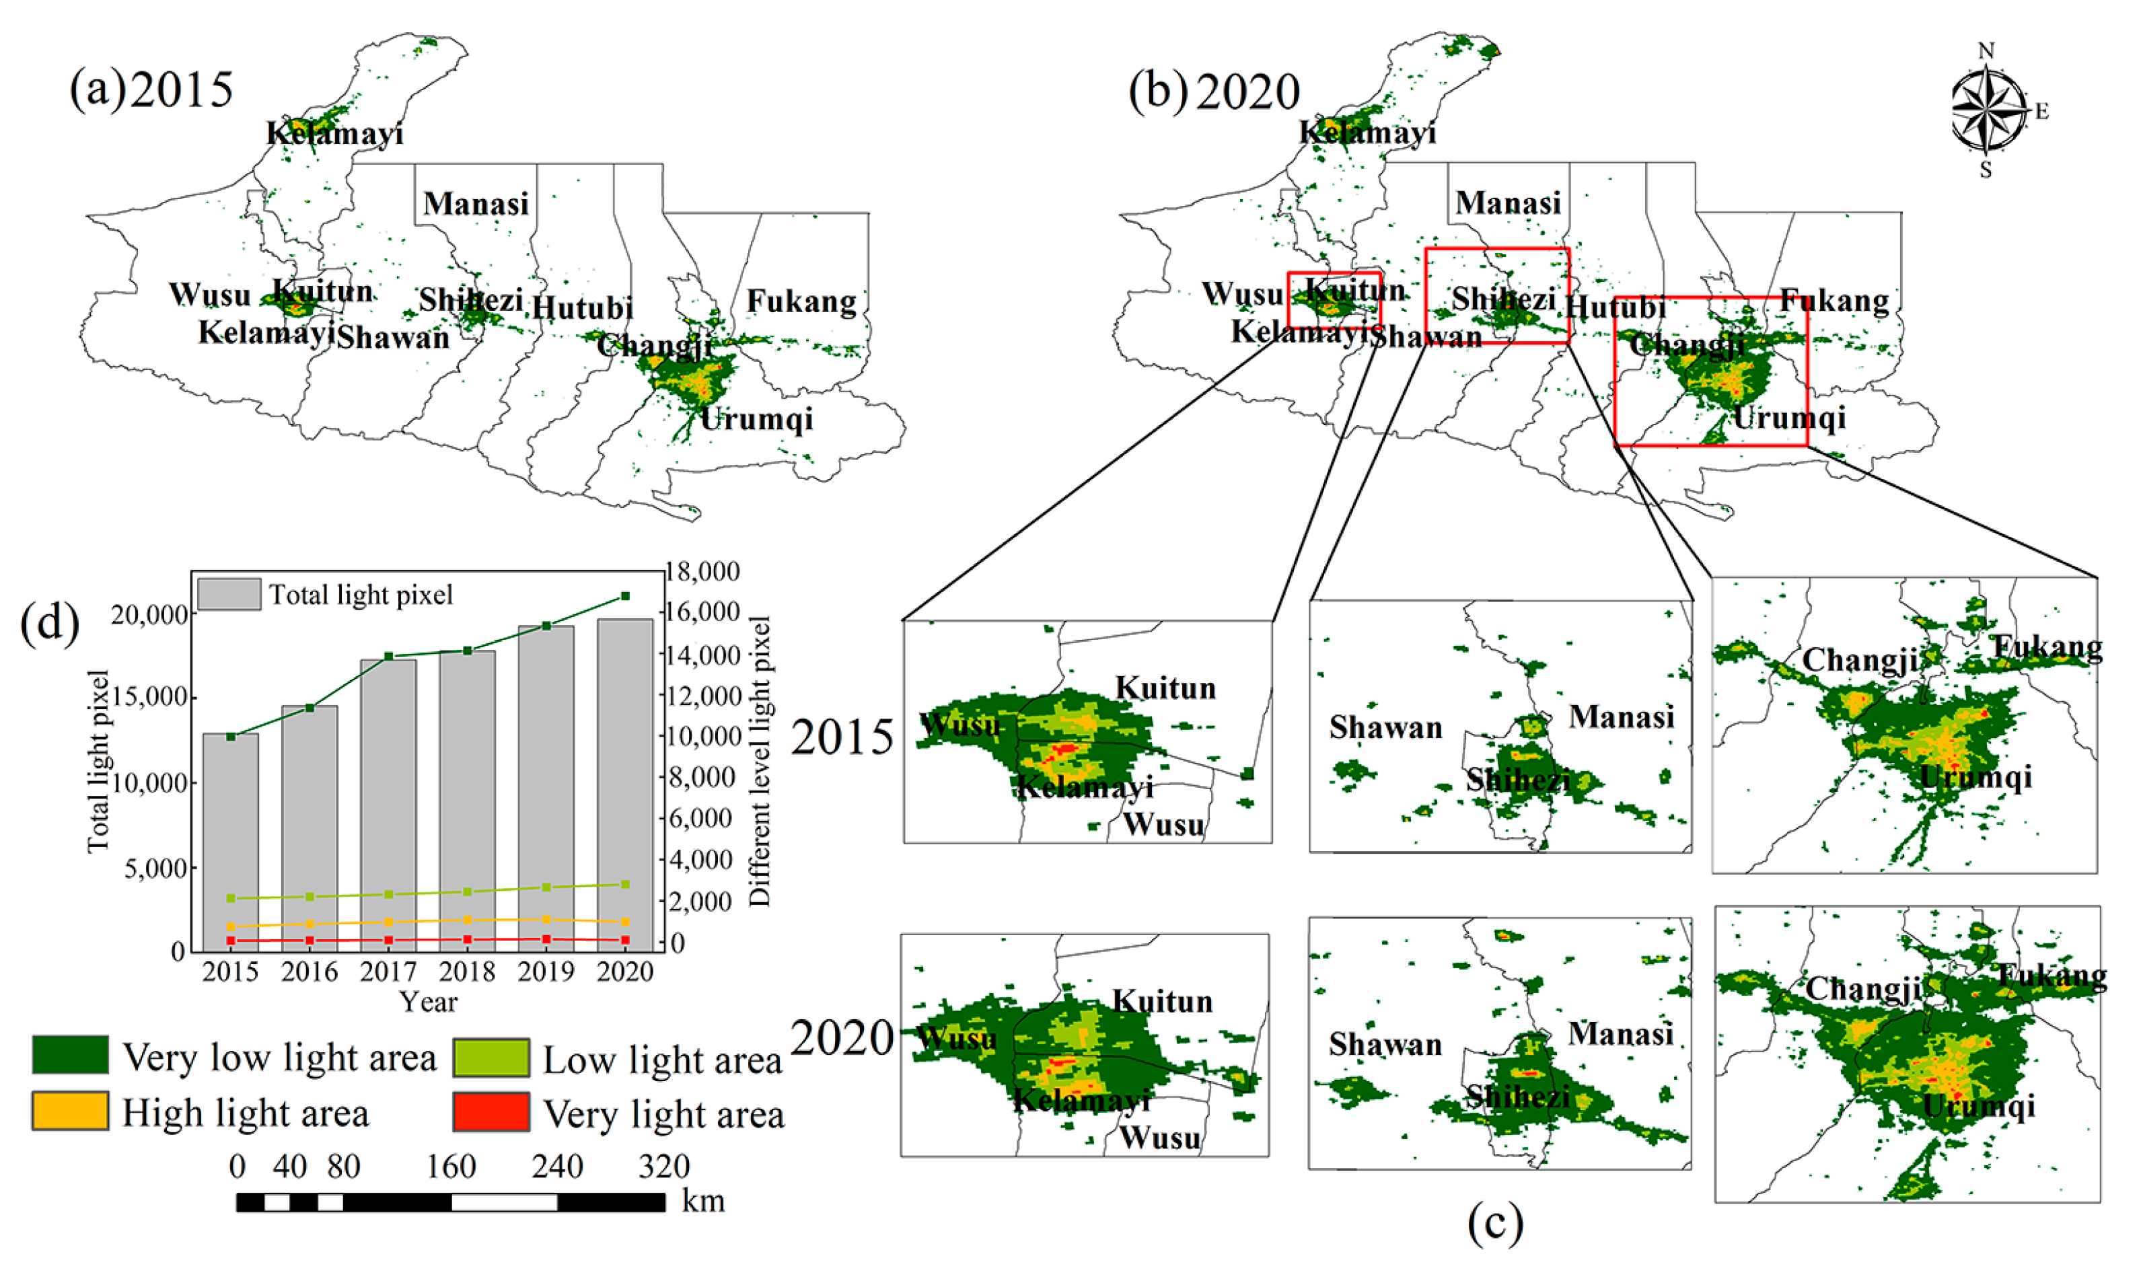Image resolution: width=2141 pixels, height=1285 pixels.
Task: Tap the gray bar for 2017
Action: [388, 805]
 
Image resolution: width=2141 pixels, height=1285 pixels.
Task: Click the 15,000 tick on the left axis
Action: [149, 698]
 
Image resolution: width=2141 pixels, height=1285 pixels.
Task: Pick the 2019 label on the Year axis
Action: [546, 972]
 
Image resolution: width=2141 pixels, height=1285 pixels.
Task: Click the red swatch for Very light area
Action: [491, 1112]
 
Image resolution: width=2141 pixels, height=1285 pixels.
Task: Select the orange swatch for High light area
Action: [70, 1111]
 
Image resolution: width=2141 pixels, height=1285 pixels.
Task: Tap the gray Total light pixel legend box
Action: [229, 595]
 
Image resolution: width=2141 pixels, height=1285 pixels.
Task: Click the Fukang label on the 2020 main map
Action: [1834, 301]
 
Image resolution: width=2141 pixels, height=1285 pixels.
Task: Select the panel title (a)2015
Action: [151, 90]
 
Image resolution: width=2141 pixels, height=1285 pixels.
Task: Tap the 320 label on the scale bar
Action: [664, 1167]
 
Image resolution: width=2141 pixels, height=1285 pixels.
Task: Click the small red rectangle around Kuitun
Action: [1334, 299]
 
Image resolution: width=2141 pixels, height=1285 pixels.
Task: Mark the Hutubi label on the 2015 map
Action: [582, 308]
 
